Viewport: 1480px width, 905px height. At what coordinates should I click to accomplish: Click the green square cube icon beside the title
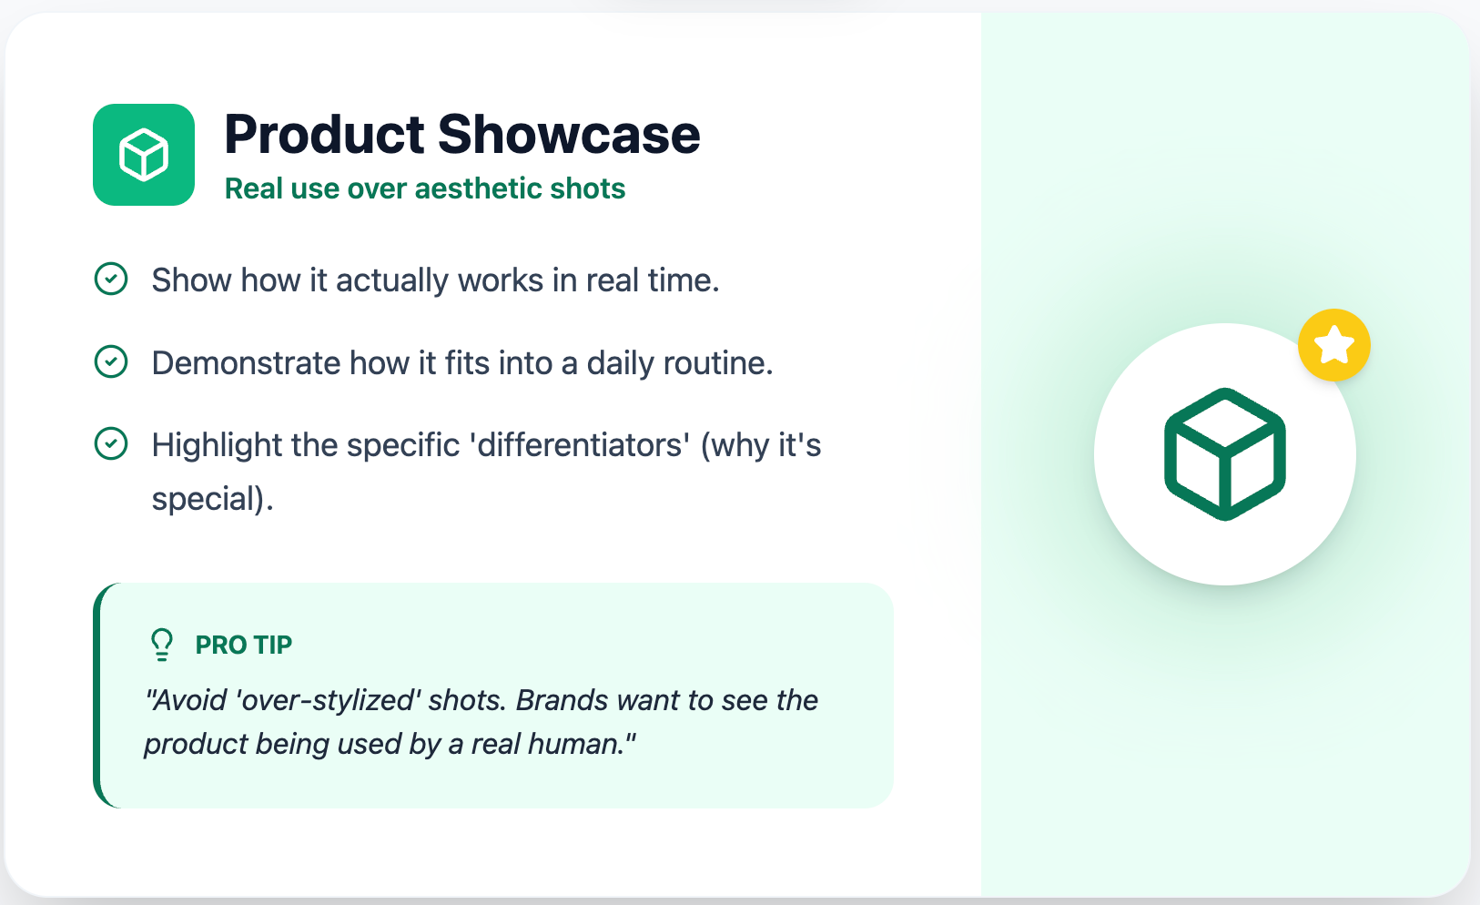click(x=144, y=155)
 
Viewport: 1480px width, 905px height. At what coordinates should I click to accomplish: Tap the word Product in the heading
click(x=324, y=135)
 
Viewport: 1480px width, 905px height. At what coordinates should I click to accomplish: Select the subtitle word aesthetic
click(x=478, y=188)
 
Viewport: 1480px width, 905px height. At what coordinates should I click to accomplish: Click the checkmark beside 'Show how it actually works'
click(x=111, y=279)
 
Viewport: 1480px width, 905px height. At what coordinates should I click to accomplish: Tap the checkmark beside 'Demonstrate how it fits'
click(x=111, y=361)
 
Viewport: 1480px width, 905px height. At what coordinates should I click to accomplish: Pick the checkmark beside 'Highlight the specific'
click(x=111, y=443)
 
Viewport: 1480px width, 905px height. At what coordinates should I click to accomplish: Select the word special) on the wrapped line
click(x=211, y=499)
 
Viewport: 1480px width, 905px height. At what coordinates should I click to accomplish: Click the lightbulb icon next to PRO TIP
click(x=162, y=644)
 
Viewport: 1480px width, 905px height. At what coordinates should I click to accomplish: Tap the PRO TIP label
click(x=244, y=645)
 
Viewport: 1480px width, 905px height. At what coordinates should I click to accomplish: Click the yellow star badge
click(x=1334, y=345)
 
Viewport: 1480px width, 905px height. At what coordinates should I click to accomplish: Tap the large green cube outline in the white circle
click(x=1225, y=453)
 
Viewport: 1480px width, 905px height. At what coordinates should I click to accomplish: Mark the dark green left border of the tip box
click(x=97, y=696)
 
